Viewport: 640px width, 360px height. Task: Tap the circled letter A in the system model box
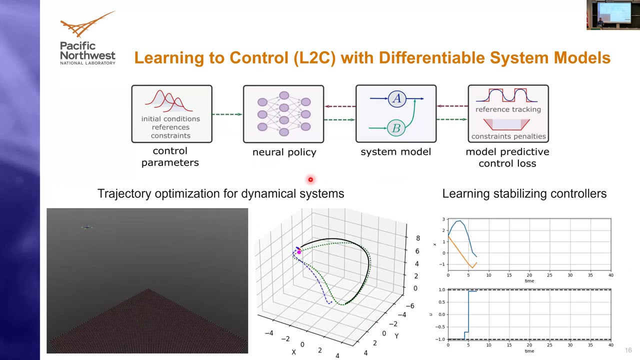pyautogui.click(x=396, y=98)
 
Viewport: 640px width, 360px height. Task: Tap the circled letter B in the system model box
pyautogui.click(x=396, y=128)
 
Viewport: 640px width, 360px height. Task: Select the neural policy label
pyautogui.click(x=284, y=152)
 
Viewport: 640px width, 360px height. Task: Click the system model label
pyautogui.click(x=395, y=151)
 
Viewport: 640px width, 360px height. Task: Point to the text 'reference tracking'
pyautogui.click(x=508, y=109)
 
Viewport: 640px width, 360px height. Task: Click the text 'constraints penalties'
pyautogui.click(x=508, y=136)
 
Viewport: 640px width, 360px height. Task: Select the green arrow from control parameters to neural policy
pyautogui.click(x=227, y=114)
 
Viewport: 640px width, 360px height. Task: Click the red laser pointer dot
pyautogui.click(x=310, y=179)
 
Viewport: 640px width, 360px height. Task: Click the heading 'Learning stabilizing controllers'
pyautogui.click(x=524, y=193)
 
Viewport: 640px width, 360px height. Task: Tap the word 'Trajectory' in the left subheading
pyautogui.click(x=124, y=193)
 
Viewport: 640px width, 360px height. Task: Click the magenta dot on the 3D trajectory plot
pyautogui.click(x=299, y=252)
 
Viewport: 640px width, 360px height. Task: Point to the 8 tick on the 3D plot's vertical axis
pyautogui.click(x=417, y=238)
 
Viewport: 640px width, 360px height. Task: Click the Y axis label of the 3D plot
pyautogui.click(x=396, y=336)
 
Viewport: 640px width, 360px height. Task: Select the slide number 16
pyautogui.click(x=628, y=350)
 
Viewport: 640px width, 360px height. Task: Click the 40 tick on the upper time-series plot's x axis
pyautogui.click(x=610, y=275)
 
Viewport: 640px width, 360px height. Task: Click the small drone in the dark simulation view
pyautogui.click(x=87, y=227)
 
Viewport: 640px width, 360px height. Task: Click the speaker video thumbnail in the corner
pyautogui.click(x=612, y=15)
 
